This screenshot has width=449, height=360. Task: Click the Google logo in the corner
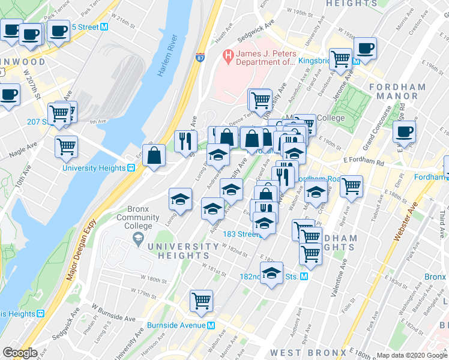pos(20,353)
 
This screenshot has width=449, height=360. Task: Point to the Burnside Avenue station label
pos(176,326)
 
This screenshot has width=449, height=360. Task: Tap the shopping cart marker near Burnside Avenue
pos(202,301)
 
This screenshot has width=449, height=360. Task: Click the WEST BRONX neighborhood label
pos(308,352)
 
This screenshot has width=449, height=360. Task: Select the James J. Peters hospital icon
pos(228,58)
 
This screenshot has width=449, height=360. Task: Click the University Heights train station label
pos(93,168)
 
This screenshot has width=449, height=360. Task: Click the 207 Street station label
pos(37,122)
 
